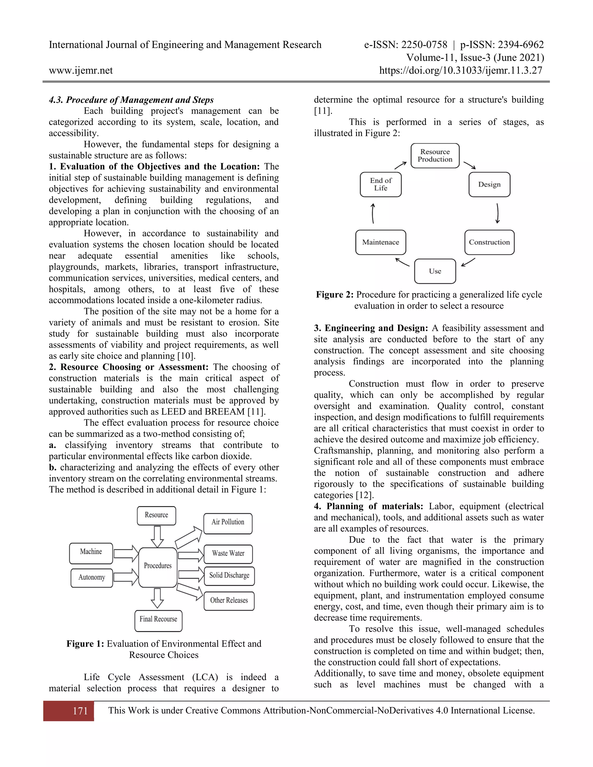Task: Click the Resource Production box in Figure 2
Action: click(x=435, y=156)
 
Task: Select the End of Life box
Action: click(x=380, y=184)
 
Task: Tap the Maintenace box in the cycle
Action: click(x=380, y=242)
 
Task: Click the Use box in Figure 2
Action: click(x=435, y=271)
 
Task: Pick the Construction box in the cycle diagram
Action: click(x=489, y=242)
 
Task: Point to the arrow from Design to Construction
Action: click(x=497, y=213)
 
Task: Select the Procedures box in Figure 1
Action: click(x=158, y=566)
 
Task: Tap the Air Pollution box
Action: click(x=228, y=522)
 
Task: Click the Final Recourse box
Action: click(x=158, y=619)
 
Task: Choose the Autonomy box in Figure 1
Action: click(x=92, y=577)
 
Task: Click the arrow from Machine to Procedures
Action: click(x=126, y=554)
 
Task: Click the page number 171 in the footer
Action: click(x=80, y=711)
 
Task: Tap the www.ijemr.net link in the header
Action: click(x=81, y=71)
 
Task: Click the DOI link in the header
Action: click(x=461, y=71)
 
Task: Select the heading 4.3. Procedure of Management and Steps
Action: click(x=131, y=100)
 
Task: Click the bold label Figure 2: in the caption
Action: click(x=334, y=295)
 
